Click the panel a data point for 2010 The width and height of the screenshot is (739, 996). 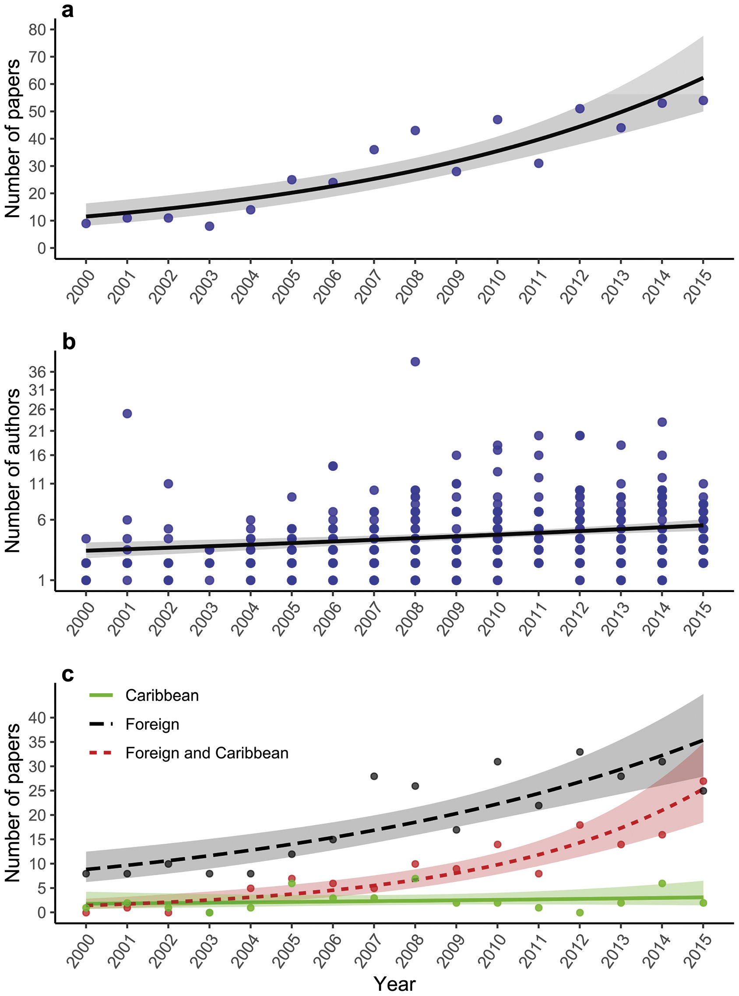pyautogui.click(x=497, y=119)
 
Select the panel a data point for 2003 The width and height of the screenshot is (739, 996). pyautogui.click(x=209, y=226)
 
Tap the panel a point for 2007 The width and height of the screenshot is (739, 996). pyautogui.click(x=374, y=149)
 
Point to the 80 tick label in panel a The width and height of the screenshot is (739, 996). pyautogui.click(x=38, y=29)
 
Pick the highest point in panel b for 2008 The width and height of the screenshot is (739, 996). pyautogui.click(x=415, y=361)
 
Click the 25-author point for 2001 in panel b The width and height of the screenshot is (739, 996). pyautogui.click(x=127, y=414)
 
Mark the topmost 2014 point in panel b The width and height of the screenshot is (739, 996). pyautogui.click(x=662, y=422)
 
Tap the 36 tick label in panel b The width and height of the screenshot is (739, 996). pyautogui.click(x=38, y=372)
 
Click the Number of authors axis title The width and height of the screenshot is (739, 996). pyautogui.click(x=13, y=470)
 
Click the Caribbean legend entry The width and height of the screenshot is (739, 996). pyautogui.click(x=162, y=696)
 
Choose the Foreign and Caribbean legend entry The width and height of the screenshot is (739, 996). pyautogui.click(x=207, y=753)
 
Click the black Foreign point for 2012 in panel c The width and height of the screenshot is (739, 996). pyautogui.click(x=580, y=752)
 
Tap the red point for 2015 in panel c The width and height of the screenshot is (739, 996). pyautogui.click(x=703, y=781)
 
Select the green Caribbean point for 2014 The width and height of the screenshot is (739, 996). pyautogui.click(x=662, y=884)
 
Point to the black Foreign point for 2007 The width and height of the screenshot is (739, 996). pyautogui.click(x=374, y=776)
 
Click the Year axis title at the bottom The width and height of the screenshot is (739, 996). pyautogui.click(x=394, y=983)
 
